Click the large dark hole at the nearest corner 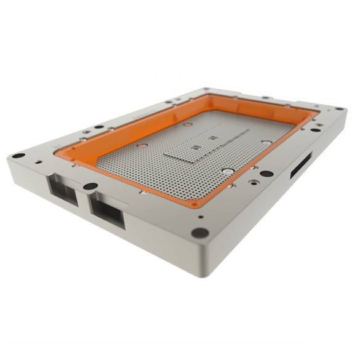click(x=199, y=233)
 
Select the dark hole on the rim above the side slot click(x=316, y=129)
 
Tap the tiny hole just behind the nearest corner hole click(x=201, y=217)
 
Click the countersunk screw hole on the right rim click(x=252, y=182)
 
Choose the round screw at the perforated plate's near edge click(x=228, y=171)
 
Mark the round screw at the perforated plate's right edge click(x=266, y=142)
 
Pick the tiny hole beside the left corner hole click(x=38, y=161)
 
